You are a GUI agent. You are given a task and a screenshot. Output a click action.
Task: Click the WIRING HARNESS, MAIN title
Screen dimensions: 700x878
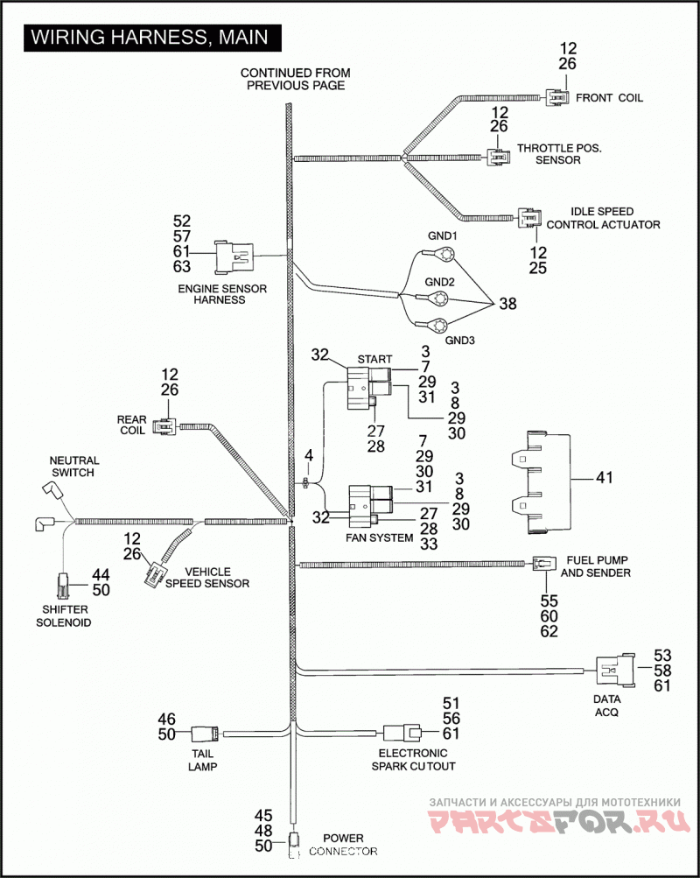(150, 37)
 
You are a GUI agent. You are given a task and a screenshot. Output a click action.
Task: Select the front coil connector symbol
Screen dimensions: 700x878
(557, 97)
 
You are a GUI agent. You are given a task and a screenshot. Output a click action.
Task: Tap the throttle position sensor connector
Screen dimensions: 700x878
(498, 158)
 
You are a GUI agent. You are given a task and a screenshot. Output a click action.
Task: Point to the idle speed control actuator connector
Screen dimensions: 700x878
(529, 217)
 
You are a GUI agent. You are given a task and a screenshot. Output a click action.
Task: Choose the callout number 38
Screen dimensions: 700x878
(507, 304)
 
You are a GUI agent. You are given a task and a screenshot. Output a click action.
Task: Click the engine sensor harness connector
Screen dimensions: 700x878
(234, 257)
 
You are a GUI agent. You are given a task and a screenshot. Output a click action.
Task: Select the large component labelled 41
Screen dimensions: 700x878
(542, 482)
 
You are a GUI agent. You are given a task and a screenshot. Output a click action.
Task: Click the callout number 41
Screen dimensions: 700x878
(605, 478)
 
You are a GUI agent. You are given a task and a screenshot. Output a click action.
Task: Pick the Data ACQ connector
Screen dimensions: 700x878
(615, 671)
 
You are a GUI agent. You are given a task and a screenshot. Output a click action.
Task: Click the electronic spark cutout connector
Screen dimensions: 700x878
(402, 733)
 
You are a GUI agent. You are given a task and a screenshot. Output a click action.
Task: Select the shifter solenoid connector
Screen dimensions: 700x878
(63, 586)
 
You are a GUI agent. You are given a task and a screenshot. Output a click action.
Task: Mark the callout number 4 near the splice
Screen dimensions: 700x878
(309, 455)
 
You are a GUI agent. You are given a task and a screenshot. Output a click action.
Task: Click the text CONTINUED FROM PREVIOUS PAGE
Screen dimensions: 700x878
(296, 79)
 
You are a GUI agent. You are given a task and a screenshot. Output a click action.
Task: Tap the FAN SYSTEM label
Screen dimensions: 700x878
(380, 537)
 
